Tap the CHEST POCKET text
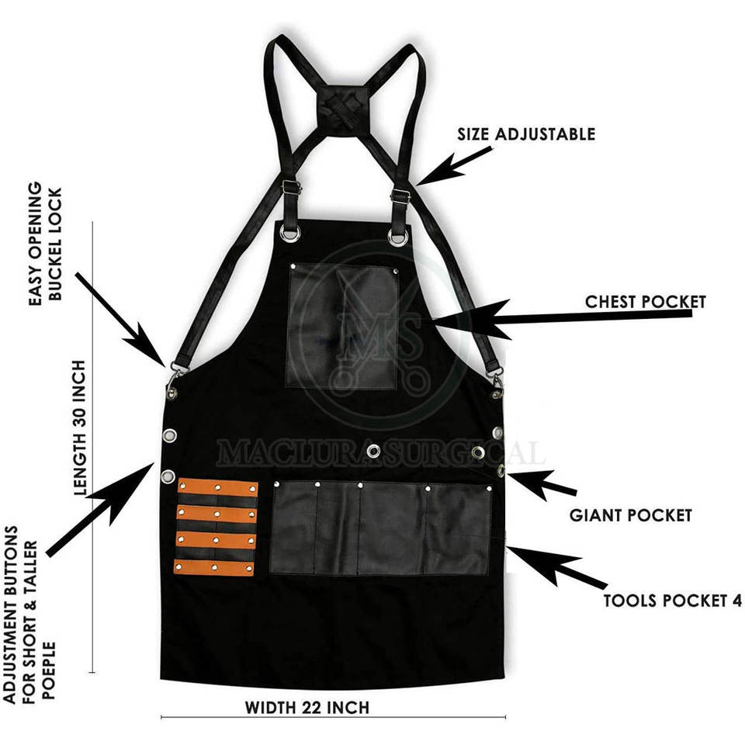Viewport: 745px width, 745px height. pos(646,301)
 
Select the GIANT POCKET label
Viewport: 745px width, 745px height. pos(630,515)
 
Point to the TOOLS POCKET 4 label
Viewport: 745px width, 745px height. pos(673,600)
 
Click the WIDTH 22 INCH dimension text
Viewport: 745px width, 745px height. pos(307,708)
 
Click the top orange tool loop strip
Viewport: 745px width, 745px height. pos(218,489)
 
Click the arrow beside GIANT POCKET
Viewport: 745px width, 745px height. pos(540,483)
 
